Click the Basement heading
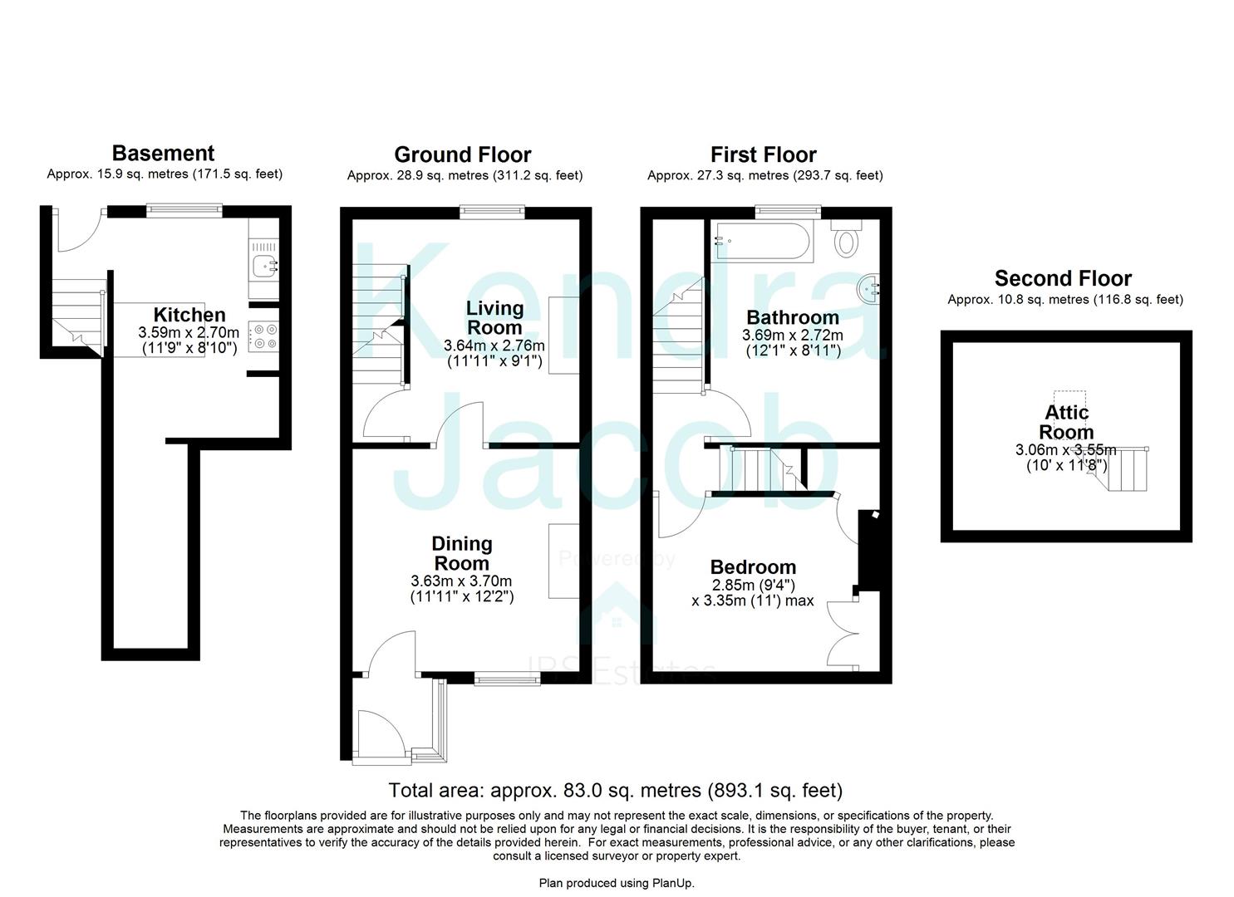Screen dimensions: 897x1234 tap(163, 153)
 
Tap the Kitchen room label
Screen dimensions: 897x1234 tap(189, 315)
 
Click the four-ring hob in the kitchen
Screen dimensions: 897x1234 tap(265, 336)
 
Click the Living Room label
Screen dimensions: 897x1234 tap(494, 317)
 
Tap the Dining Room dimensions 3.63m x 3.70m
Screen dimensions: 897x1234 tap(461, 581)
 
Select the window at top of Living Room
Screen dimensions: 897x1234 tap(493, 212)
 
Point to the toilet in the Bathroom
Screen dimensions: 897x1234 tap(847, 239)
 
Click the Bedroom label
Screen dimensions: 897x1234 tap(753, 567)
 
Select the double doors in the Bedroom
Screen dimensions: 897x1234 tap(845, 630)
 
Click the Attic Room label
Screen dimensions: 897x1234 tap(1066, 422)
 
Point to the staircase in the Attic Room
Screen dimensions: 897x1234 tap(1126, 470)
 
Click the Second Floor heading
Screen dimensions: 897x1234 tap(1063, 278)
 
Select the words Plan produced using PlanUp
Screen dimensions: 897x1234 tap(617, 883)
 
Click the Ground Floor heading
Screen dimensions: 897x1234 tap(462, 154)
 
